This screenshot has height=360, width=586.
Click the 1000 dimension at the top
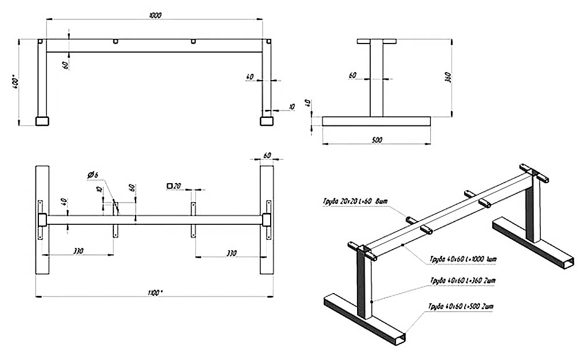click(155, 15)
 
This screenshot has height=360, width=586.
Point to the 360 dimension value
click(449, 78)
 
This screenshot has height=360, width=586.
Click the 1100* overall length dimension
click(155, 292)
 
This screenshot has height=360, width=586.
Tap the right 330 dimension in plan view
click(231, 251)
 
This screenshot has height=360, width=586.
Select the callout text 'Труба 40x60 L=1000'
click(463, 259)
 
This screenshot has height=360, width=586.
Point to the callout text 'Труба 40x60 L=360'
click(461, 280)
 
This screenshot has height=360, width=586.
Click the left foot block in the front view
click(42, 121)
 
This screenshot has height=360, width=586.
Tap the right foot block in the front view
click(266, 121)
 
